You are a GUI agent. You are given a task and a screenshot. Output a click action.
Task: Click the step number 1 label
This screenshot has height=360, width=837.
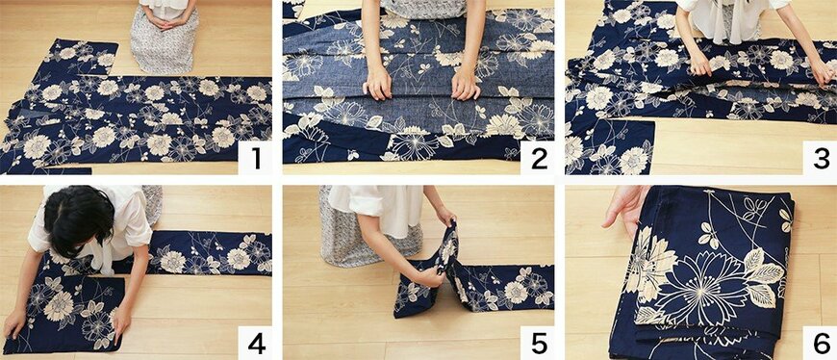tap(256, 159)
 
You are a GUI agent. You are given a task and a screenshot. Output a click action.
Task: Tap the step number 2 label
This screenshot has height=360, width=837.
tap(538, 159)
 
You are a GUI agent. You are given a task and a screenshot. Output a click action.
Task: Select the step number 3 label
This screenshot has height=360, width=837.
tap(821, 159)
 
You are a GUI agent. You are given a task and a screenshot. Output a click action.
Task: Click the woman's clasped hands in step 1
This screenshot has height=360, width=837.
tap(164, 23)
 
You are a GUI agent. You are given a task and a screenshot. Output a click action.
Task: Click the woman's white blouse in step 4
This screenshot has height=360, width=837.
tap(90, 230)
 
